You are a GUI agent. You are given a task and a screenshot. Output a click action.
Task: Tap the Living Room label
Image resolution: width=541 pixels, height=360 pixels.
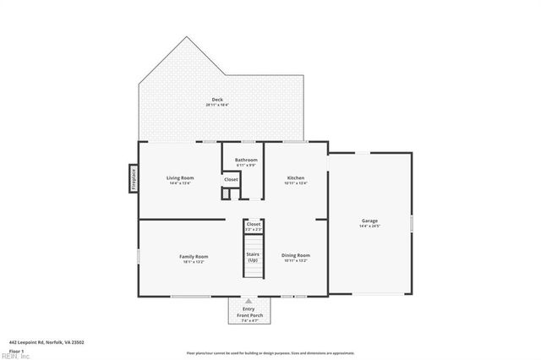click(x=180, y=177)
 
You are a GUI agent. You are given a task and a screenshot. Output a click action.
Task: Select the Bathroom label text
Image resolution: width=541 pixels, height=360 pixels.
click(x=246, y=159)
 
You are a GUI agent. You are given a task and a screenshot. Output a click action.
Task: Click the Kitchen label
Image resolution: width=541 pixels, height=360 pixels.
click(x=295, y=177)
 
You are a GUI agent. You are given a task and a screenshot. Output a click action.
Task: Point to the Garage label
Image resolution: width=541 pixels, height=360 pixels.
click(x=369, y=221)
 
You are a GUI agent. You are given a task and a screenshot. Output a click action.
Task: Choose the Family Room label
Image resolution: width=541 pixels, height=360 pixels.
click(x=193, y=256)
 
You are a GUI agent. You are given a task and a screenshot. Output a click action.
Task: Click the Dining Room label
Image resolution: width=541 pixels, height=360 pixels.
click(x=296, y=255)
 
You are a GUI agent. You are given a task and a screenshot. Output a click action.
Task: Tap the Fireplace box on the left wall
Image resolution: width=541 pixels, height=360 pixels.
click(x=133, y=178)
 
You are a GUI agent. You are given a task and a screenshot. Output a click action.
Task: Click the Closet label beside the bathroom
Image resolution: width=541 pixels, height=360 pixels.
click(x=231, y=179)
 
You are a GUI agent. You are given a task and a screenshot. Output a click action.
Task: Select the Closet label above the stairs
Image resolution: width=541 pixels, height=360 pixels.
click(x=254, y=224)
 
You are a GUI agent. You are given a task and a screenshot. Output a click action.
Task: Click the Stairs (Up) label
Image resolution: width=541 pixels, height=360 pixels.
click(x=253, y=256)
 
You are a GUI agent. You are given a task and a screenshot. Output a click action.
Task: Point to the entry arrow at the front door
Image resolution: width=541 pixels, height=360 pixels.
click(x=249, y=301)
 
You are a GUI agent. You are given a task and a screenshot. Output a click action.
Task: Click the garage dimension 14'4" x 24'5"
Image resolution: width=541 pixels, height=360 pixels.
click(x=369, y=226)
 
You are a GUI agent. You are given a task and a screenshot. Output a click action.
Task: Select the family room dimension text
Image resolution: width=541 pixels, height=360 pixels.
click(x=193, y=261)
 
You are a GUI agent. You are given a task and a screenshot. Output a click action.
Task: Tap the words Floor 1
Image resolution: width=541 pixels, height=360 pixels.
click(x=15, y=350)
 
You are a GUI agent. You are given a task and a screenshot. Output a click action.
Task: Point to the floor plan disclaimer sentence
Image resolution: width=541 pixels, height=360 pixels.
click(x=270, y=352)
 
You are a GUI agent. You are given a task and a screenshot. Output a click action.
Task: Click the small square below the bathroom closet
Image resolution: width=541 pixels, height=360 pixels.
click(x=226, y=194)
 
